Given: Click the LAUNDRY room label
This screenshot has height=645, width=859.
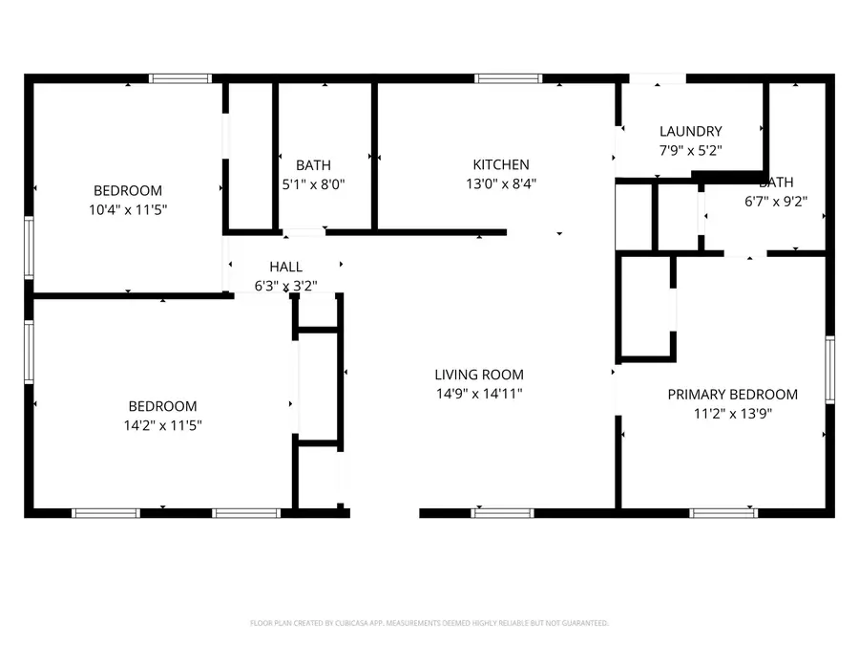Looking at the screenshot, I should point(691,131).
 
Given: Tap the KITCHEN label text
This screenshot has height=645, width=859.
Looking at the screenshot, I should point(501,164).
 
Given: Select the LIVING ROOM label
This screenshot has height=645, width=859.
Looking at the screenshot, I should point(479,375).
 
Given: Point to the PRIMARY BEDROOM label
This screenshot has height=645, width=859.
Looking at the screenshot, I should point(732,394).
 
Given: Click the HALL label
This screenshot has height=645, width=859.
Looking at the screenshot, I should point(285,267).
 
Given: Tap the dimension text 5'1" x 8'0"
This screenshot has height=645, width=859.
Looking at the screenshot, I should point(313,183).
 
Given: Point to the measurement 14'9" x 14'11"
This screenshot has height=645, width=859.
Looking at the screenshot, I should point(479,394).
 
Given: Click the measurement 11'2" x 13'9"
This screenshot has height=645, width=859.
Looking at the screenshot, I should point(732,413).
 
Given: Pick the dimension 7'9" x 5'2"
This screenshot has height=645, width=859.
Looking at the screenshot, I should point(691,150).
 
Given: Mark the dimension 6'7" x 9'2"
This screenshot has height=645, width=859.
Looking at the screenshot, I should point(776,201).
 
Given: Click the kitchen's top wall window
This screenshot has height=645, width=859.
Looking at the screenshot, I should point(509,78).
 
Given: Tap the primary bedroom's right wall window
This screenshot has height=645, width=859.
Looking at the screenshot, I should point(830,370).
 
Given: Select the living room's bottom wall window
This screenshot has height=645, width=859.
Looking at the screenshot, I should point(502,513).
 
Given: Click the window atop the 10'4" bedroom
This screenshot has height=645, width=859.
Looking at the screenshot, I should point(180,78).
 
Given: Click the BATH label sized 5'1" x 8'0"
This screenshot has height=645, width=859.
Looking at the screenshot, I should point(313,164).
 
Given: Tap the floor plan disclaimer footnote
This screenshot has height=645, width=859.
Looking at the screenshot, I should point(429,623).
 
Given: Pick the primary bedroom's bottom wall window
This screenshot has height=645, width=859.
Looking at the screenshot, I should point(723,513).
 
